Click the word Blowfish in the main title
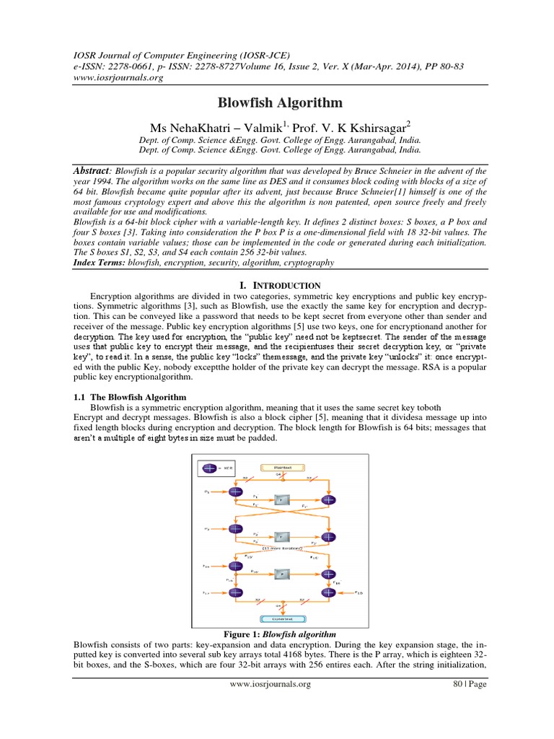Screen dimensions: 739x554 point(246,102)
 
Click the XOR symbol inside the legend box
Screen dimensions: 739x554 point(211,468)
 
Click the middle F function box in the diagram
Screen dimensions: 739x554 point(282,537)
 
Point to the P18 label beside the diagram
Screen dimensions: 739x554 point(359,593)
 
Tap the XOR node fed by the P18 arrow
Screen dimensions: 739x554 point(330,593)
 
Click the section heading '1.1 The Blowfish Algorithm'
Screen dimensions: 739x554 point(131,398)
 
